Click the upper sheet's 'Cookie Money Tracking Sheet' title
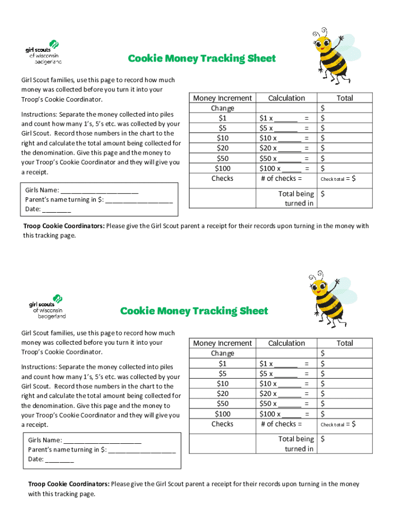coord(202,59)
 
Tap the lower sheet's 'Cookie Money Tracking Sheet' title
coord(194,311)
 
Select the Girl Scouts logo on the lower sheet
coord(47,307)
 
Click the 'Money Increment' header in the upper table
coord(222,98)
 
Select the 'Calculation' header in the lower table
coord(286,343)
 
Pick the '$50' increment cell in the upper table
coord(222,158)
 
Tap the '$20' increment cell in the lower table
coord(222,393)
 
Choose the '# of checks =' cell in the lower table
coord(281,424)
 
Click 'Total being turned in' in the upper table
coord(296,199)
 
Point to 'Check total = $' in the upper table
coord(338,179)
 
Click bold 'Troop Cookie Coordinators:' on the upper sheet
coord(64,226)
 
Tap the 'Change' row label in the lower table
coord(222,353)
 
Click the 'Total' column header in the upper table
coord(345,98)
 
